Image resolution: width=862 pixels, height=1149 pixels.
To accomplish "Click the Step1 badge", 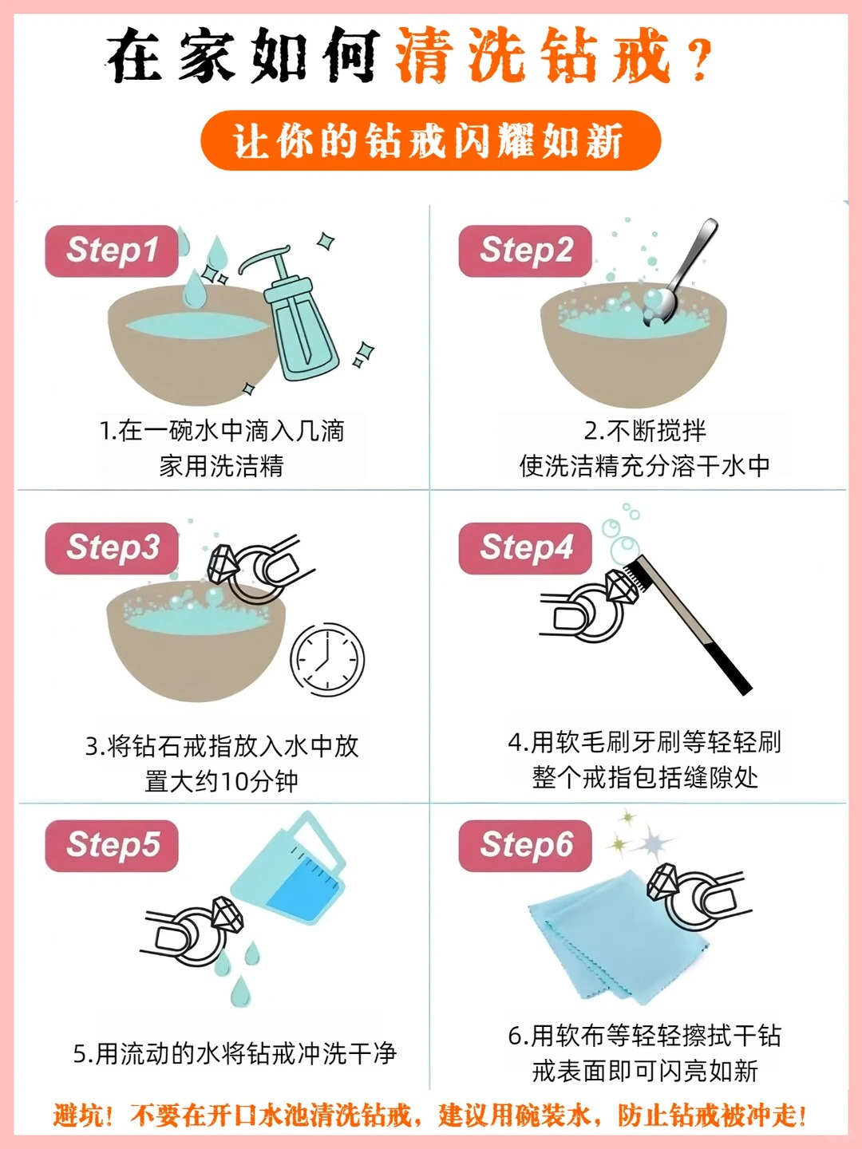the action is (x=112, y=251).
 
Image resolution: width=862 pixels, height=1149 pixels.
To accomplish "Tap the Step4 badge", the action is (x=525, y=548).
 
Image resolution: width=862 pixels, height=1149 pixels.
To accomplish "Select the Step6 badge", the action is (x=525, y=845).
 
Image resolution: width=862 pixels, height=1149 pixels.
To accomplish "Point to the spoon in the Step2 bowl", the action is (x=678, y=272).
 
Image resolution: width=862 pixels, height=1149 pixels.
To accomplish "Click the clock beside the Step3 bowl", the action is (x=327, y=659).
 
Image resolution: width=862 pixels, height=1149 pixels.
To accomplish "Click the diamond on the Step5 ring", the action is (x=227, y=915).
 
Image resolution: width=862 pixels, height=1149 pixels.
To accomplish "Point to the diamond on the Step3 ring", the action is (x=223, y=564).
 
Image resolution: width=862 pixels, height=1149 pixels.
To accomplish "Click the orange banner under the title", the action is (x=431, y=140).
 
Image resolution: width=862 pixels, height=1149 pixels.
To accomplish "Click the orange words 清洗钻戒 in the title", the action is (x=533, y=55).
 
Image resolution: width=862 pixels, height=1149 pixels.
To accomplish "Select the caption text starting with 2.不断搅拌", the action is (x=645, y=448).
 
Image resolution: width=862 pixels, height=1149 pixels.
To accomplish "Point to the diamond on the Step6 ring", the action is (x=662, y=882).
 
